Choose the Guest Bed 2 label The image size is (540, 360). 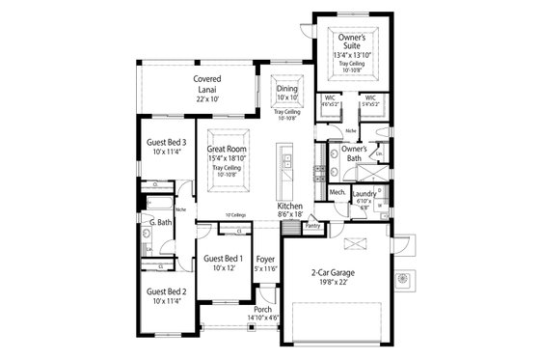click(x=166, y=291)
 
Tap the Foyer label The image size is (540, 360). click(x=266, y=259)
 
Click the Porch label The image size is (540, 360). click(x=262, y=309)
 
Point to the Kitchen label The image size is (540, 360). click(x=290, y=207)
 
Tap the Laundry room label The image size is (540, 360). click(x=364, y=193)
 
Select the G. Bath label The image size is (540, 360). click(x=160, y=223)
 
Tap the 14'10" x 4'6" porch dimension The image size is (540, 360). click(x=262, y=318)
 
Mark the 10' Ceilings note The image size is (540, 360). click(x=235, y=215)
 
